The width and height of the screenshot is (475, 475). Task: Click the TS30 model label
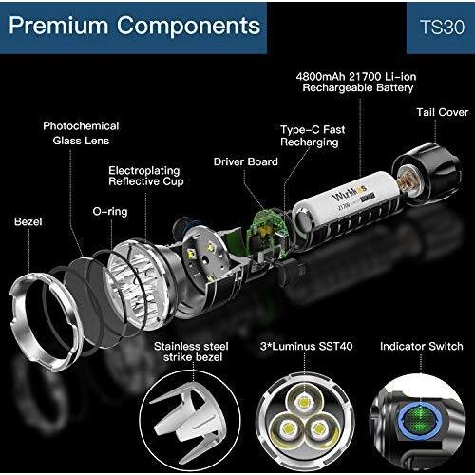click(443, 28)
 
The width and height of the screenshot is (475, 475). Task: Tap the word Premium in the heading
click(59, 26)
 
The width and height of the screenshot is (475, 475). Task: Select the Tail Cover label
click(442, 112)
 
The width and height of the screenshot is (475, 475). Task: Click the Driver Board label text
click(246, 161)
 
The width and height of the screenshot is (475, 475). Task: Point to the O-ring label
click(110, 212)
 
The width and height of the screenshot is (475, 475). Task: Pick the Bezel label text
click(28, 221)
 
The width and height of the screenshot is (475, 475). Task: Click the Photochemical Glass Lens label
click(81, 133)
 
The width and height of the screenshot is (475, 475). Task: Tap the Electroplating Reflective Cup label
click(146, 176)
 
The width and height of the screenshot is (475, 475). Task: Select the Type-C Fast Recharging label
click(313, 136)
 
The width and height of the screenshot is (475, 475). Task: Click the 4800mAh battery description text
click(356, 82)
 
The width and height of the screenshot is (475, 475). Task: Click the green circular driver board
click(265, 230)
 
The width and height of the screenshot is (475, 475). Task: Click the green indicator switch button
click(419, 421)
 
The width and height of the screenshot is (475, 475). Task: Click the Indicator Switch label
click(422, 346)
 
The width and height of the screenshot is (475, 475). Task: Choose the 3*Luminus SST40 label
click(306, 346)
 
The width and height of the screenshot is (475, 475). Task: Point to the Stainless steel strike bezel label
click(192, 351)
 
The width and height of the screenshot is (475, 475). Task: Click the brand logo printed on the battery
click(349, 194)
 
